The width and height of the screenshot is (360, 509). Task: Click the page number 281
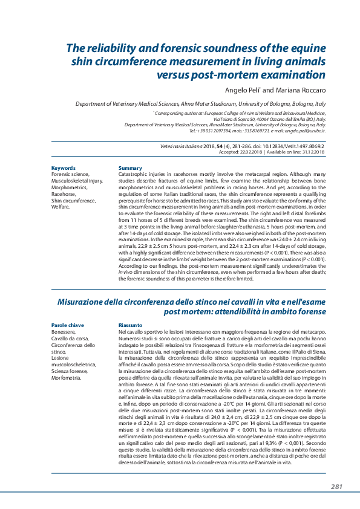tap(337, 487)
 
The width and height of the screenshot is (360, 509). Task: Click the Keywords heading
tap(64, 168)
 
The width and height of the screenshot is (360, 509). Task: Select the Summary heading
tap(130, 168)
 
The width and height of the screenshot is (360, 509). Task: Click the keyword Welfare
tap(61, 206)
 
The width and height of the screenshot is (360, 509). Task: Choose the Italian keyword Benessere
tap(64, 332)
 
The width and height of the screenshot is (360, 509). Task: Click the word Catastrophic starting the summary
tap(134, 174)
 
